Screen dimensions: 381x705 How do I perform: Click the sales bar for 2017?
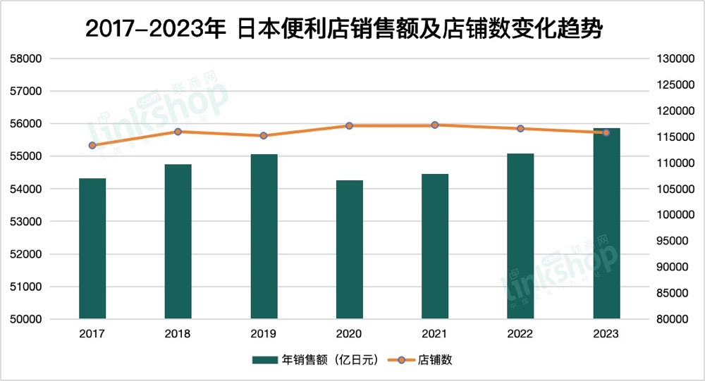(x=92, y=248)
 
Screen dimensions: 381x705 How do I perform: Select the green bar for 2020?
(x=349, y=249)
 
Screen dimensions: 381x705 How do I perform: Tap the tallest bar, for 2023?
(x=606, y=224)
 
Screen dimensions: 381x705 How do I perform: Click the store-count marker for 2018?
(x=178, y=132)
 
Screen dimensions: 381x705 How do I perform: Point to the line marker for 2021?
(x=435, y=125)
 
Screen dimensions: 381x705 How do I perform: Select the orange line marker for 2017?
(x=92, y=146)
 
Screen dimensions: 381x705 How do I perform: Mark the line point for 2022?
(x=520, y=129)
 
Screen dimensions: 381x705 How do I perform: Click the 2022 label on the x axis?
(x=520, y=334)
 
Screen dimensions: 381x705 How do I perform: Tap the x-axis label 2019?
(x=264, y=334)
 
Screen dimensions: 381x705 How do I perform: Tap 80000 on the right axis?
(x=670, y=320)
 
